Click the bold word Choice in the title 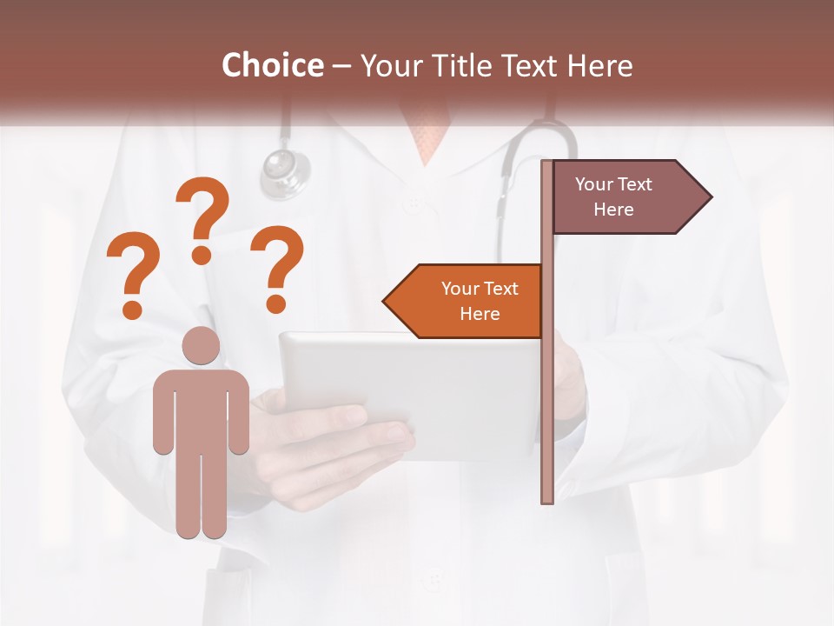(x=272, y=65)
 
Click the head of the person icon (x=201, y=346)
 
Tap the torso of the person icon (x=201, y=409)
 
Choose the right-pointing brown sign (x=621, y=196)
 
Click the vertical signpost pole (x=547, y=391)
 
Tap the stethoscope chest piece (x=286, y=169)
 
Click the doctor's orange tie (x=428, y=135)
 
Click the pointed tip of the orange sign (x=386, y=301)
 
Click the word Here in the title (x=599, y=66)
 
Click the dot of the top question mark (x=202, y=255)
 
